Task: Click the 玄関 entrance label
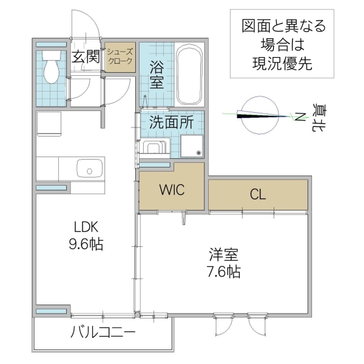pos(85,57)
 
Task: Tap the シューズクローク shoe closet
pos(119,57)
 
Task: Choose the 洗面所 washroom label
pos(171,121)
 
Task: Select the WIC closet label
pos(171,189)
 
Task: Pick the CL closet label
pos(258,195)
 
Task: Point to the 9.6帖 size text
pos(86,244)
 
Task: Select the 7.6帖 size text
pos(223,272)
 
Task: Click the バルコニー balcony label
pos(102,332)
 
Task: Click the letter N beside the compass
pos(300,116)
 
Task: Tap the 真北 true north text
pos(317,117)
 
